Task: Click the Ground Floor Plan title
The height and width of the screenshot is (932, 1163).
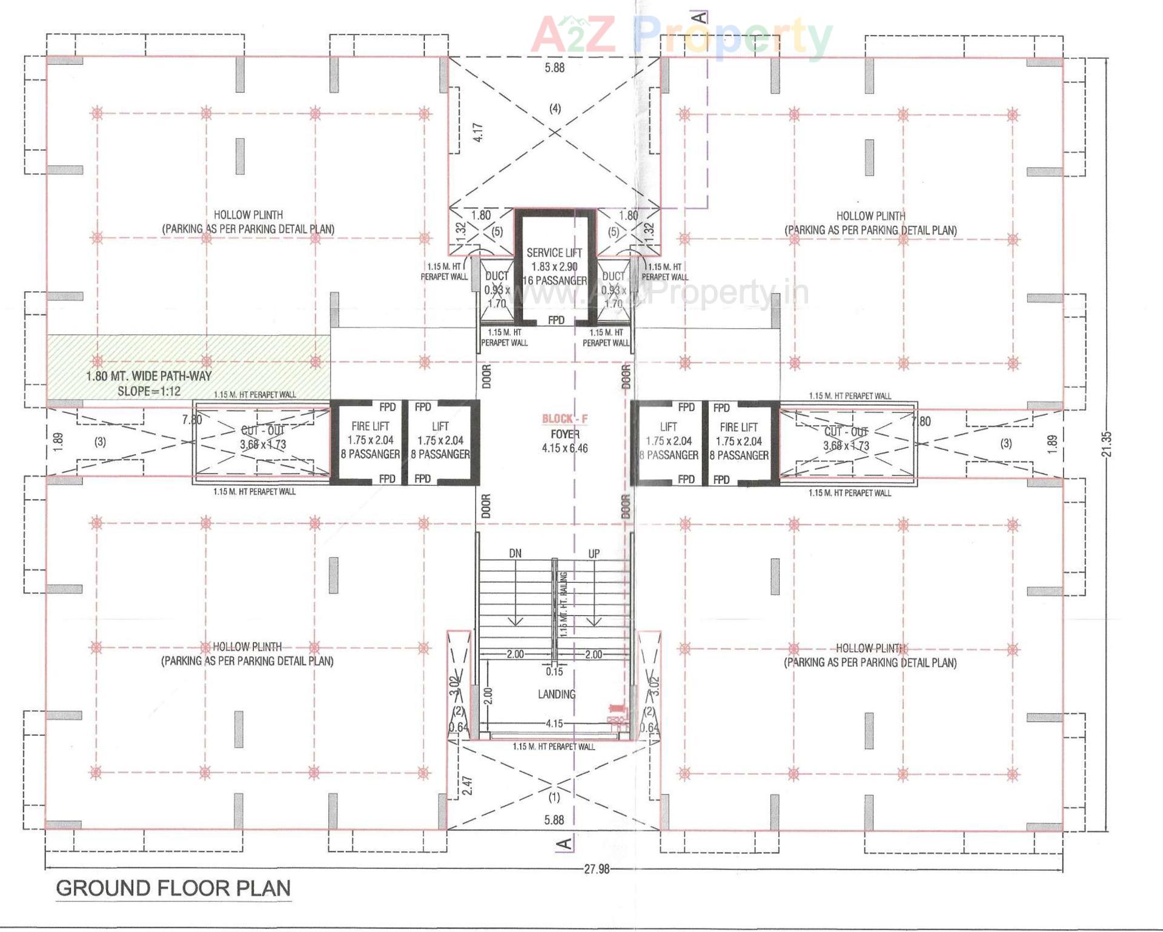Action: click(173, 888)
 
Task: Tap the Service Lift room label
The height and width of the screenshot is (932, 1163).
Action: click(554, 253)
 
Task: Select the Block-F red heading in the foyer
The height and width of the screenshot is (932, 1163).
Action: click(565, 418)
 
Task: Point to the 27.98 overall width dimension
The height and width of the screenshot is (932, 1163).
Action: click(596, 869)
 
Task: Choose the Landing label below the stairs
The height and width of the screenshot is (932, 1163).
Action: click(556, 694)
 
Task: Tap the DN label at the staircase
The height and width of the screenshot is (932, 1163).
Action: click(515, 553)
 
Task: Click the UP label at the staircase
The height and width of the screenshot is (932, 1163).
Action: click(594, 553)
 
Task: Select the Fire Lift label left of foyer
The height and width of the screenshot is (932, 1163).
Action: click(370, 426)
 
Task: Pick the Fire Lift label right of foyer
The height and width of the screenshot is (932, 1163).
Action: click(738, 427)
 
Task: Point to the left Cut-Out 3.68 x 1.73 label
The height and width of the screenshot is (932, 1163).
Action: click(262, 437)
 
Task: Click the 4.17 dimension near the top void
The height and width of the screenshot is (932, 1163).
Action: click(478, 133)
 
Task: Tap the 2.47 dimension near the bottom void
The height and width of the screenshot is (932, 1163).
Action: click(467, 785)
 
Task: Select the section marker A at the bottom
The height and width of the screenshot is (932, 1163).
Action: click(563, 843)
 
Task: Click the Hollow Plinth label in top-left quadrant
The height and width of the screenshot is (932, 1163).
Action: click(248, 215)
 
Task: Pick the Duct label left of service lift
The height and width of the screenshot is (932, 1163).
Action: click(497, 276)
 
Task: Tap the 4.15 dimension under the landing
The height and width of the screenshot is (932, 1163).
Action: click(554, 723)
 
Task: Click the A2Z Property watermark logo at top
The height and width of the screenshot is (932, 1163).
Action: click(681, 35)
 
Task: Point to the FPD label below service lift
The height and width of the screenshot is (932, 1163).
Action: click(556, 320)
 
